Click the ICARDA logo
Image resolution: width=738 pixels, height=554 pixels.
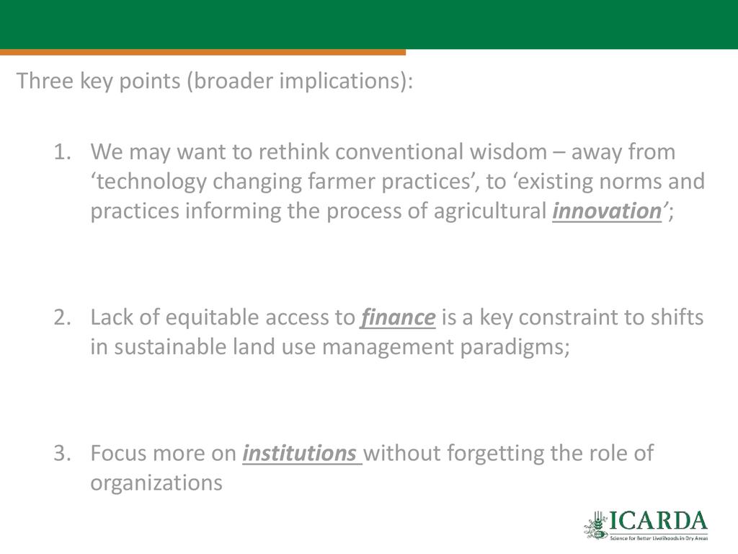646,525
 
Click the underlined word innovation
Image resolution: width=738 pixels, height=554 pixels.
607,211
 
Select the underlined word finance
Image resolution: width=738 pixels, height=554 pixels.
398,317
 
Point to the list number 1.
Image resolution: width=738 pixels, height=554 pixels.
62,152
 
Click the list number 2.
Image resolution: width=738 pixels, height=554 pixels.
62,317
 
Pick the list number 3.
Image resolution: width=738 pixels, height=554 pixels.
62,453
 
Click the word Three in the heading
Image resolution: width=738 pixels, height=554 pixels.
45,81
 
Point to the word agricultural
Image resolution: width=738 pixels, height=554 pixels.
489,211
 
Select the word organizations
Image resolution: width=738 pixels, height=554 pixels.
156,483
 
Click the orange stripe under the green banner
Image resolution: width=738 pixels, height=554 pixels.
203,52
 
